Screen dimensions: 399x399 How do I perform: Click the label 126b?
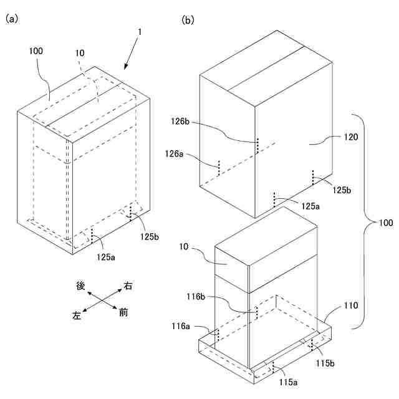pos(180,122)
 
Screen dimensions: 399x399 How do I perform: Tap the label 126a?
pos(174,154)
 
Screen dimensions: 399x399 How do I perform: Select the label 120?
pos(351,137)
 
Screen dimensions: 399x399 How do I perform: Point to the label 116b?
pos(196,297)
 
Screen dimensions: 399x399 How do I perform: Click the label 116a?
pos(181,326)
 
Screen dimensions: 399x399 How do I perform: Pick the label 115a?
pos(288,382)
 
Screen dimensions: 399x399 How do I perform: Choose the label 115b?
pos(325,363)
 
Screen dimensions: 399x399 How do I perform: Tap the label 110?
pos(351,305)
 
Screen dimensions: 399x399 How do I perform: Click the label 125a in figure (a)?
pos(105,257)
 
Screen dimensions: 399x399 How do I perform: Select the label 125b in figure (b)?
pos(342,190)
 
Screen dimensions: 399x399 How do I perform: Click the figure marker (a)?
pos(12,19)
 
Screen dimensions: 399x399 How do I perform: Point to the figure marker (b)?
pos(188,19)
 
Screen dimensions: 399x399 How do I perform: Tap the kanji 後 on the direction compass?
pos(80,286)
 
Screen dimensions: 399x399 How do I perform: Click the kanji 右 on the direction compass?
pos(128,286)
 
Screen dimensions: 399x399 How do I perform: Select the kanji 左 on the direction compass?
pos(77,315)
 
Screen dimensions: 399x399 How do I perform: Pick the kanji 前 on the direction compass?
pos(123,312)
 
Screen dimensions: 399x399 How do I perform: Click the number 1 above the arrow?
pos(140,32)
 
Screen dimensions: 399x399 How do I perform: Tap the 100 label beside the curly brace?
pos(386,223)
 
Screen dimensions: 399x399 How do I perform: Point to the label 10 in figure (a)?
pos(80,53)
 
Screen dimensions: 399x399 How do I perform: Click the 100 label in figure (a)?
pos(36,51)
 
